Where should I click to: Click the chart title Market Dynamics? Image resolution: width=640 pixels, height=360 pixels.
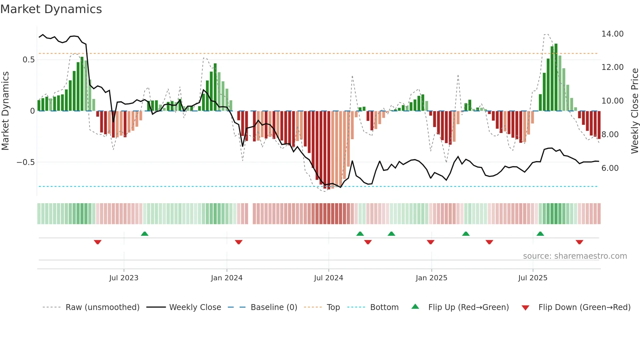pyautogui.click(x=51, y=9)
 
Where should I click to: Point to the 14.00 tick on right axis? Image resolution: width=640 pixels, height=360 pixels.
pyautogui.click(x=612, y=34)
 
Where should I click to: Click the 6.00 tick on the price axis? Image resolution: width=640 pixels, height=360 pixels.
pyautogui.click(x=610, y=168)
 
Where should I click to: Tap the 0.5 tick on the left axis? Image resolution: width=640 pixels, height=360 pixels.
pyautogui.click(x=28, y=60)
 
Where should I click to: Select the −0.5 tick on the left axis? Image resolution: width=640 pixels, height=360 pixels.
pyautogui.click(x=25, y=162)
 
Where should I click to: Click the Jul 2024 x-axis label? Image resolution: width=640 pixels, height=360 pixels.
pyautogui.click(x=328, y=278)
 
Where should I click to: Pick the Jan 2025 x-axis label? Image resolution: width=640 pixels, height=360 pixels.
pyautogui.click(x=431, y=278)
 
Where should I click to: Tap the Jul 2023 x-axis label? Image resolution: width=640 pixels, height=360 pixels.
pyautogui.click(x=124, y=278)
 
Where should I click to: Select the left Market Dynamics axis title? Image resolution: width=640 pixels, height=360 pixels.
pyautogui.click(x=6, y=111)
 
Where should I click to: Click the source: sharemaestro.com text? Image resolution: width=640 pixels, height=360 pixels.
pyautogui.click(x=575, y=256)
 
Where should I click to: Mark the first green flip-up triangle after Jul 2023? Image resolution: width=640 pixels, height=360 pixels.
pyautogui.click(x=145, y=234)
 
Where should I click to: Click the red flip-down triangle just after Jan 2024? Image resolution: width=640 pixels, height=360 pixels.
pyautogui.click(x=239, y=242)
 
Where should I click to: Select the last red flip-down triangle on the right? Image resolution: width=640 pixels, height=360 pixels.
pyautogui.click(x=580, y=242)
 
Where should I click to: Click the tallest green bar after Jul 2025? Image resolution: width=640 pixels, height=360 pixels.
pyautogui.click(x=556, y=77)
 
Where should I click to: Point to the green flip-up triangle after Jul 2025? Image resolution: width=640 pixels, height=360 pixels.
pyautogui.click(x=540, y=234)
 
